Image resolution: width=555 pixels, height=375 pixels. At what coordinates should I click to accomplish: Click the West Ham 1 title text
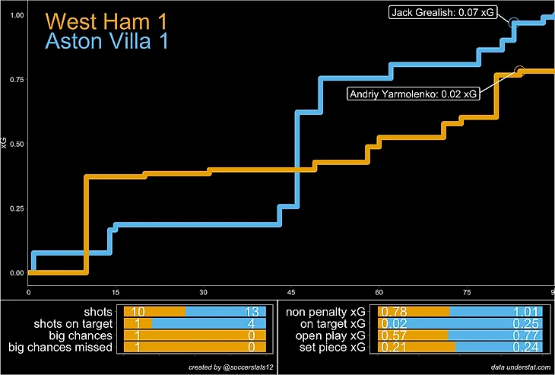tap(106, 22)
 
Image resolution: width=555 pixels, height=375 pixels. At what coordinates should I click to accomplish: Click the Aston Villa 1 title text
tap(106, 43)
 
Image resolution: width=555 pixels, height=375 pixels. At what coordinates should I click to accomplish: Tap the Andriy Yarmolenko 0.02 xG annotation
tap(414, 94)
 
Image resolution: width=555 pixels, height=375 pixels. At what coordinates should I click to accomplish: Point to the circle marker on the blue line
tap(513, 22)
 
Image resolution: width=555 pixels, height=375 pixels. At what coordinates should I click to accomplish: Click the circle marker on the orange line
tap(520, 71)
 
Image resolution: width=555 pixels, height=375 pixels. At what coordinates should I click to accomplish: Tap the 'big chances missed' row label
tap(60, 347)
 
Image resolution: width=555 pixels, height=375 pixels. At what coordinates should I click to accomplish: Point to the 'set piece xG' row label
tap(328, 347)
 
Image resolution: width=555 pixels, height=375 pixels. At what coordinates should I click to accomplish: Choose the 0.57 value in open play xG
tap(393, 335)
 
